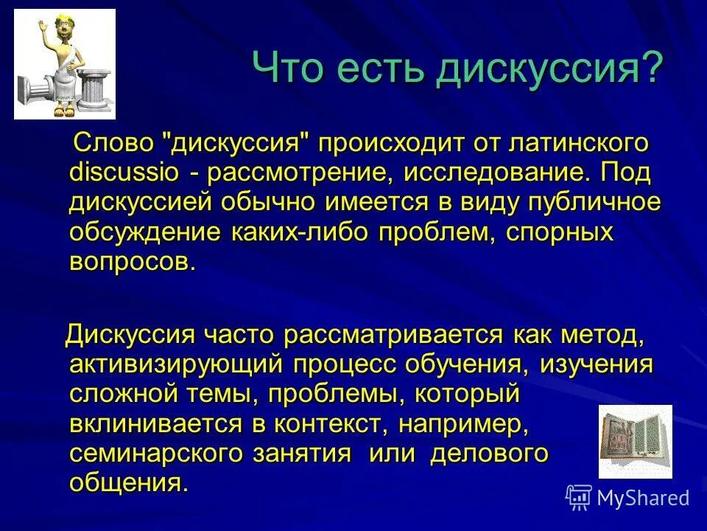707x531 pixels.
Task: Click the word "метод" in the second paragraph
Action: tap(604, 335)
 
